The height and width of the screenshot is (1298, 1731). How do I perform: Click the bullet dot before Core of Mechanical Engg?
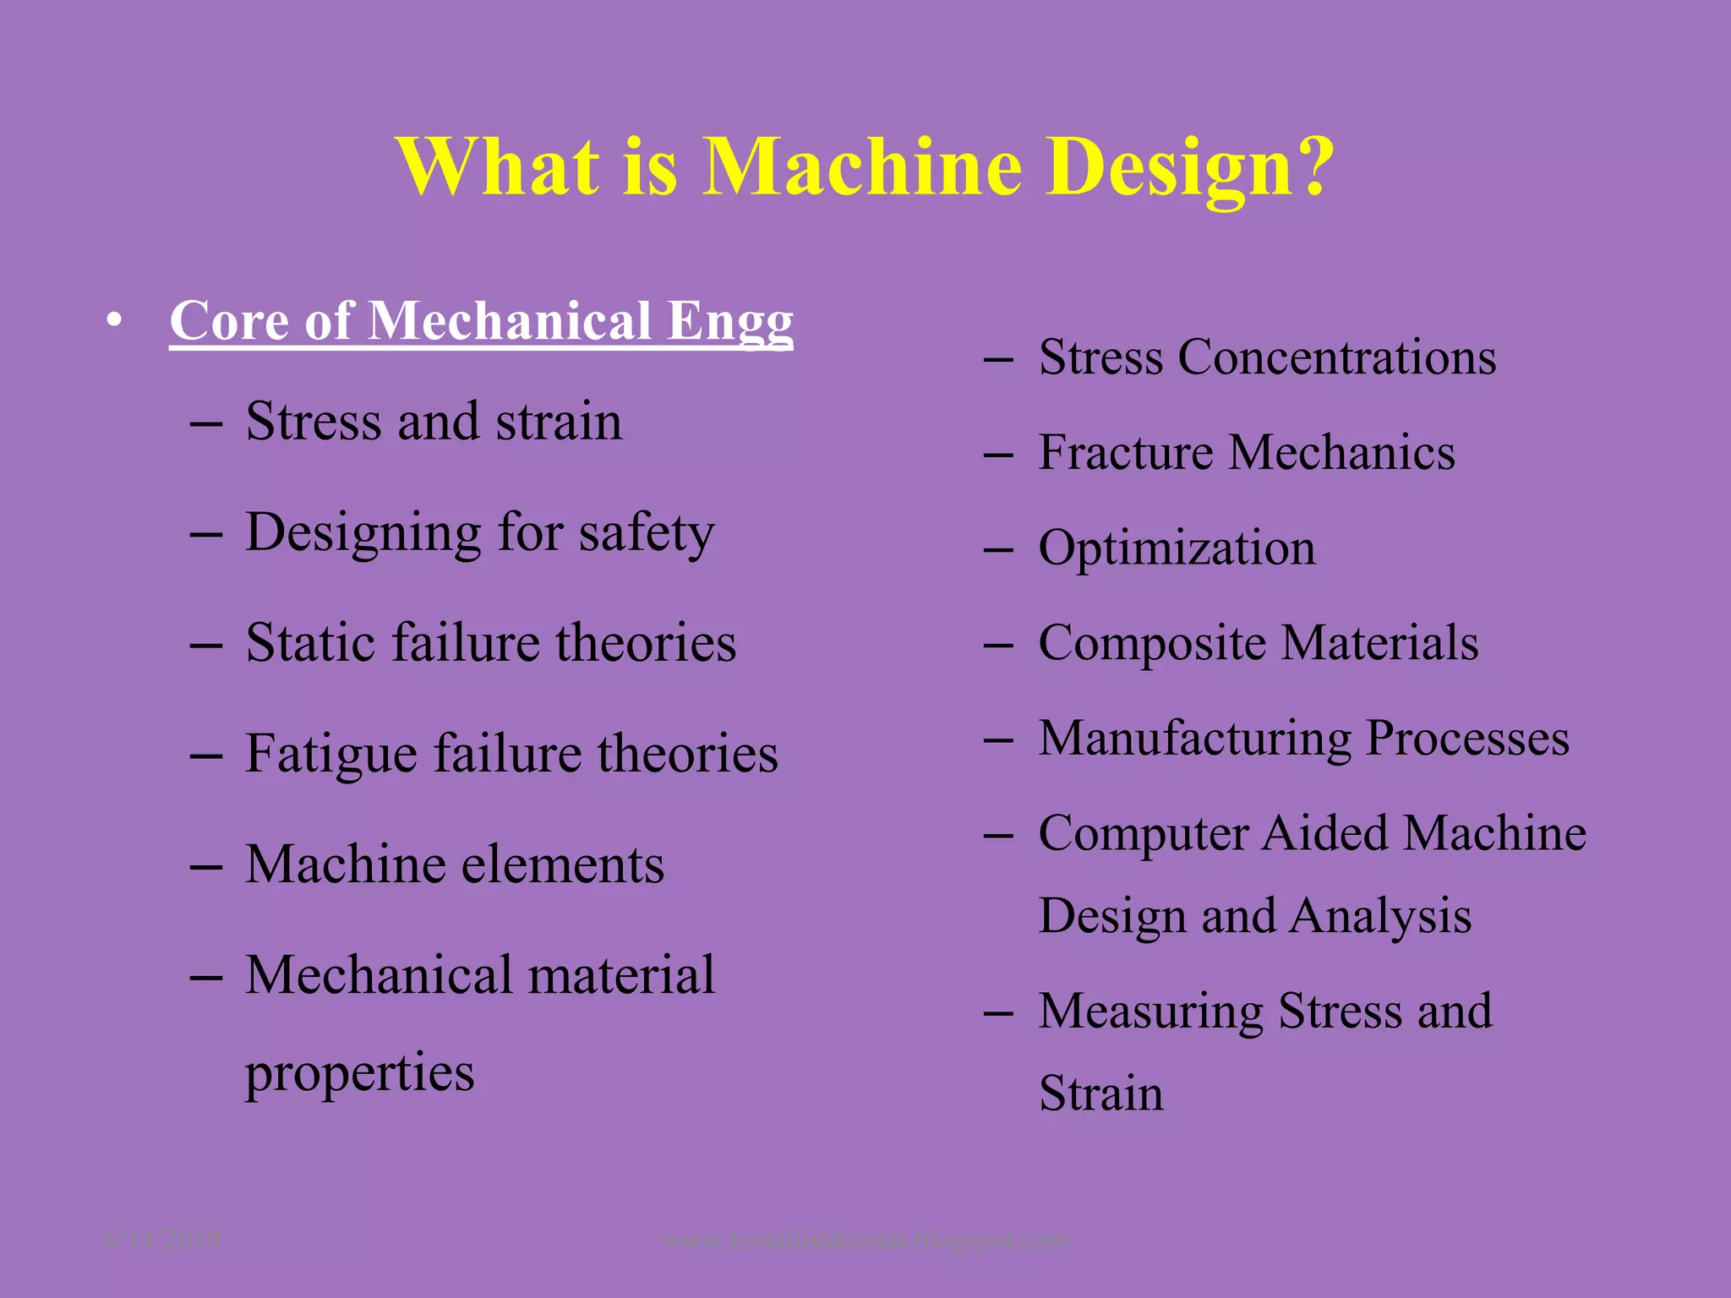click(114, 321)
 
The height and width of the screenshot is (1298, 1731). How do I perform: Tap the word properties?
click(360, 1073)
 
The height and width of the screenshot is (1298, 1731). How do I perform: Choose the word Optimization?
click(1177, 548)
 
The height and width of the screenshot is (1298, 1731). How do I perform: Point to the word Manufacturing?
click(1195, 739)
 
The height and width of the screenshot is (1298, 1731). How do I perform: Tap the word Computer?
click(1142, 833)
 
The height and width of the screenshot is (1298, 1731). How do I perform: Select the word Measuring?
click(1150, 1011)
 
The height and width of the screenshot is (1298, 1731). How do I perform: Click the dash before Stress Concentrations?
click(998, 360)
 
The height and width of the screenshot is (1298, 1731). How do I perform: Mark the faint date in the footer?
click(161, 1239)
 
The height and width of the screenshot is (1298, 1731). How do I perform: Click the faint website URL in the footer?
click(865, 1240)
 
